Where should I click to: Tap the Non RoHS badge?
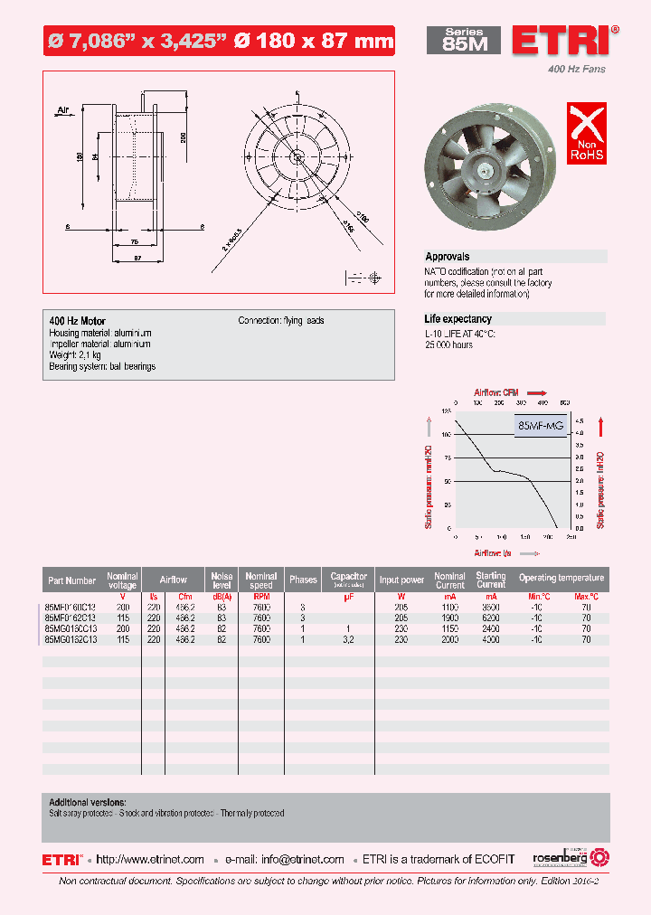click(586, 133)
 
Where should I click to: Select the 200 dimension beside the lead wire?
click(183, 137)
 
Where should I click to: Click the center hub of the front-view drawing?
click(297, 156)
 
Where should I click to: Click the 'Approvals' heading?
click(448, 257)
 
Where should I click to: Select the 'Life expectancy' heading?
click(458, 319)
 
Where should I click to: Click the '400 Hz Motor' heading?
click(77, 321)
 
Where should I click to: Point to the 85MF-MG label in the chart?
click(541, 425)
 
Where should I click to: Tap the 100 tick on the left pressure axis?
click(446, 434)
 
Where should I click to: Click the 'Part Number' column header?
click(70, 580)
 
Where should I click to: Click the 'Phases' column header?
click(303, 580)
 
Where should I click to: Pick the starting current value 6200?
click(491, 618)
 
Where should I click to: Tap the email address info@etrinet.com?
click(302, 860)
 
